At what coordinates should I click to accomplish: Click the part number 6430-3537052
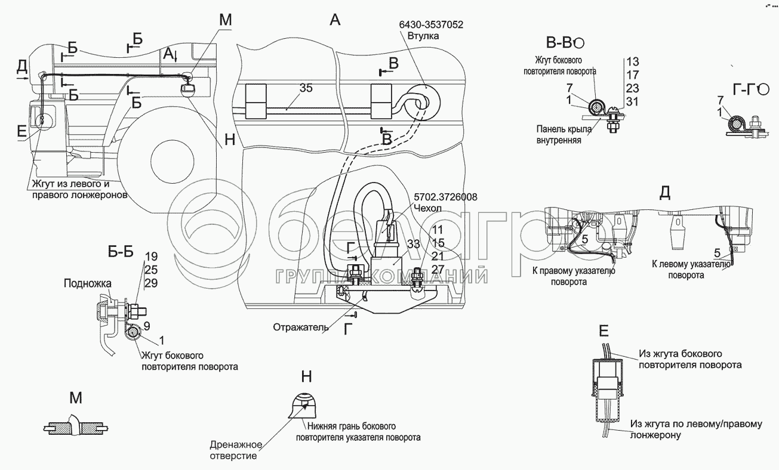433,25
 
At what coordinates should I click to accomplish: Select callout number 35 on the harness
306,88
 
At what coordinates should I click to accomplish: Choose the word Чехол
426,208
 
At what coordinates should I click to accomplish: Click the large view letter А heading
335,21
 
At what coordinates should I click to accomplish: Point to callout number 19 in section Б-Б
150,258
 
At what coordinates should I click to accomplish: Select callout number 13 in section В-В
633,61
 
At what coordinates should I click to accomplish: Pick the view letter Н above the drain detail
306,377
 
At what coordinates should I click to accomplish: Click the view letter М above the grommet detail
75,398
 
